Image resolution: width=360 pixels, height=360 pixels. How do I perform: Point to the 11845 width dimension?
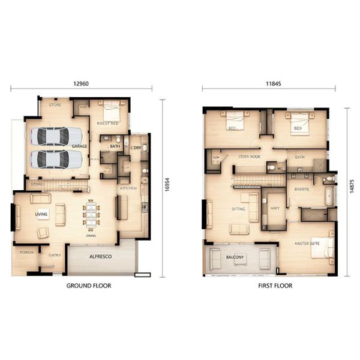pos(268,83)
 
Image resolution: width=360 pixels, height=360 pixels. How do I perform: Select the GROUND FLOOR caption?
pos(88,286)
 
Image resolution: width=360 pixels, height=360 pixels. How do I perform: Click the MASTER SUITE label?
pos(307,243)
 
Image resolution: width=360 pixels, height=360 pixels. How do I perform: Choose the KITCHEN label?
pos(128,188)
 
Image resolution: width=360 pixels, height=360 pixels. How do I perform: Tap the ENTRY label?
pos(55,256)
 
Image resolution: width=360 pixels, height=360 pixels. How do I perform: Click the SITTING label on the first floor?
pos(238,210)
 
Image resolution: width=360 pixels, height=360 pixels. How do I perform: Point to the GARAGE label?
pos(79,146)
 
